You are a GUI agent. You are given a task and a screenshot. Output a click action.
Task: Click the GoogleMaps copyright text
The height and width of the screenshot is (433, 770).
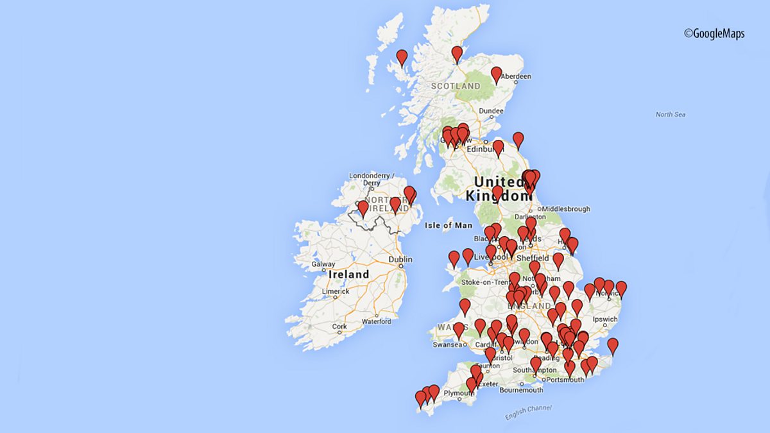714,34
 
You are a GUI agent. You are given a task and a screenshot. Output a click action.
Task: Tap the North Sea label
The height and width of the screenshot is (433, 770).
671,114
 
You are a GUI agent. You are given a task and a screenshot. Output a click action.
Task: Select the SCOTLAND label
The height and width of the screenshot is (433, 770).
456,86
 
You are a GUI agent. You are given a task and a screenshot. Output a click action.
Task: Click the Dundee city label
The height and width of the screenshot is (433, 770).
491,111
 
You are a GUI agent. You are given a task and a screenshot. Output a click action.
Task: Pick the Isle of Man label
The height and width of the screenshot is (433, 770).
449,225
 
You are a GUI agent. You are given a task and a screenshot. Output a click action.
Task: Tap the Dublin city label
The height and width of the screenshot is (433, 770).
400,259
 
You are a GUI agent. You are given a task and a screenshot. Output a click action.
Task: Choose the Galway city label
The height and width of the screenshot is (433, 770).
323,264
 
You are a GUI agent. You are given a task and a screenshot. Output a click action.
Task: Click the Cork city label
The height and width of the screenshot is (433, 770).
339,327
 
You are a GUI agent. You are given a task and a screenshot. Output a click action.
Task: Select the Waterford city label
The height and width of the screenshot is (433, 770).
376,321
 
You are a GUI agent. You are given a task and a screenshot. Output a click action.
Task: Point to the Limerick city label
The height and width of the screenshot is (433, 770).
336,291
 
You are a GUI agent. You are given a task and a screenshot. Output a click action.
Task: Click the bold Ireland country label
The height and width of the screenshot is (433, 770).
348,275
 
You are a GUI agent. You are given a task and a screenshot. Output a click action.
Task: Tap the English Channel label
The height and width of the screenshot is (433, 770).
527,412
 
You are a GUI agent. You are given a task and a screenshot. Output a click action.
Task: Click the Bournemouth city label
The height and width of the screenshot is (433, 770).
521,389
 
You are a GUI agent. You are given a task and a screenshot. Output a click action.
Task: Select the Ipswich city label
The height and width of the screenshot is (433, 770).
605,319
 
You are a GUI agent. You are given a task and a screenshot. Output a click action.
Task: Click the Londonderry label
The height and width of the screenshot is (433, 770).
369,175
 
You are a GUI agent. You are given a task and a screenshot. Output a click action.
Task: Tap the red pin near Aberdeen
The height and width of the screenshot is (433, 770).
496,74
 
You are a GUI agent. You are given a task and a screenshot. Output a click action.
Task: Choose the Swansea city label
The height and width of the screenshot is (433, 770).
447,344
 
